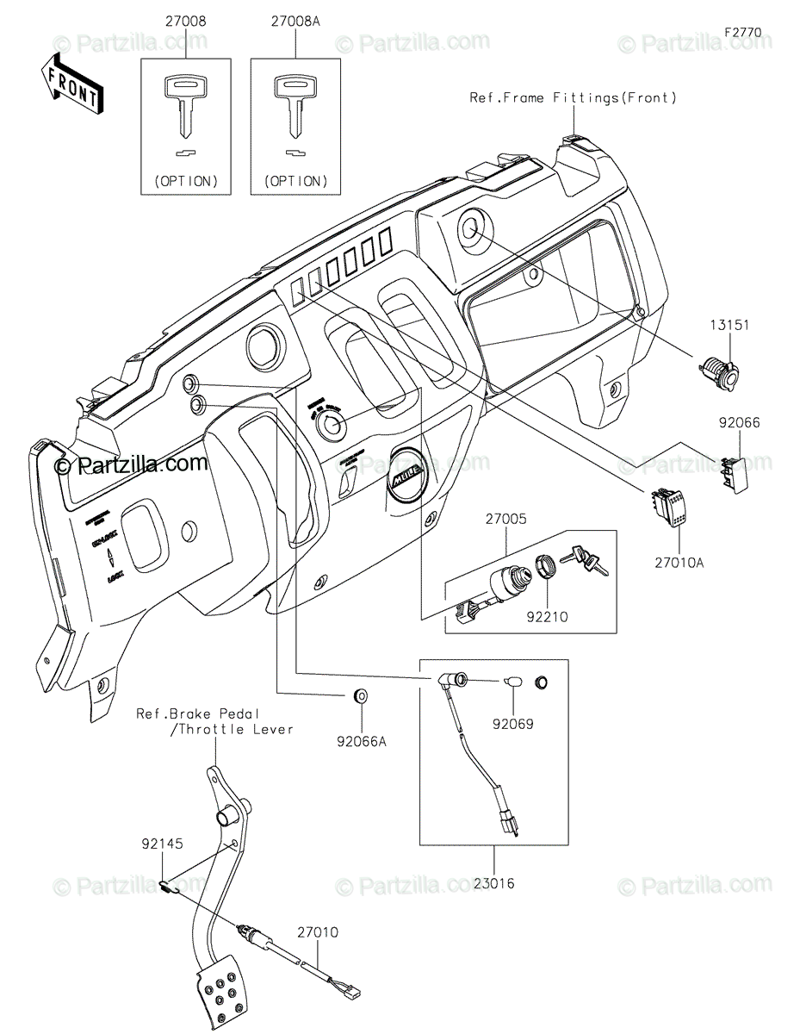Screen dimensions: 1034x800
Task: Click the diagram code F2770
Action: click(x=742, y=32)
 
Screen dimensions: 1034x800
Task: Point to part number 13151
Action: click(x=729, y=326)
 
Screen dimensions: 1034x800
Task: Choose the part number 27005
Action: click(x=505, y=520)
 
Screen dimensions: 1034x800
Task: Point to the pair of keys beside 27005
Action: click(x=584, y=561)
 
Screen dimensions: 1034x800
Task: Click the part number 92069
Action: click(x=513, y=724)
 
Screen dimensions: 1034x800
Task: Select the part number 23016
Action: click(x=493, y=882)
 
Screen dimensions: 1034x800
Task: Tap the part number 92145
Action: click(x=163, y=844)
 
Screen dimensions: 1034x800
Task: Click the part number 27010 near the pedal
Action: click(x=318, y=932)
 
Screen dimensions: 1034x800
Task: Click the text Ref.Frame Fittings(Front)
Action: click(x=573, y=98)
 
